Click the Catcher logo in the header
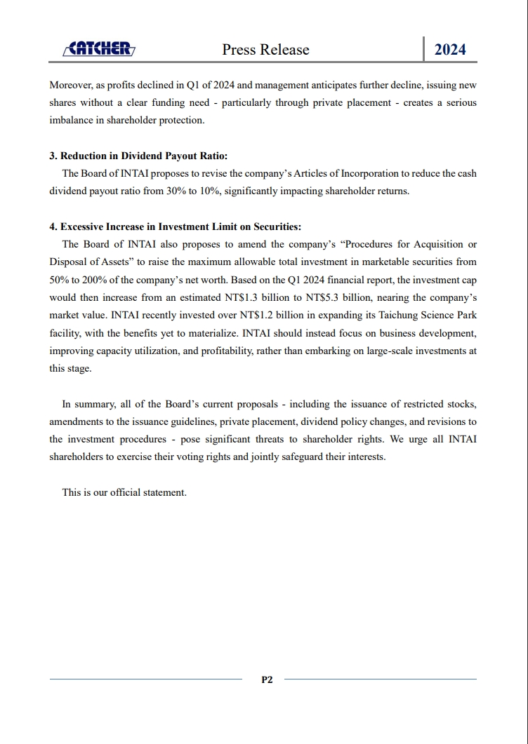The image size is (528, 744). coord(98,48)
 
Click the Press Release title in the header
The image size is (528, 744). coord(265,49)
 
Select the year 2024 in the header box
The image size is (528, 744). coord(450,49)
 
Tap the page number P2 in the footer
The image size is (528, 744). coord(267,679)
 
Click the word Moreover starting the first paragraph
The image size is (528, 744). coord(72,86)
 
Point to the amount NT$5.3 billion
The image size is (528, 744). coord(336,297)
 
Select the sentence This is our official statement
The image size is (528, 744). coord(124,492)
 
